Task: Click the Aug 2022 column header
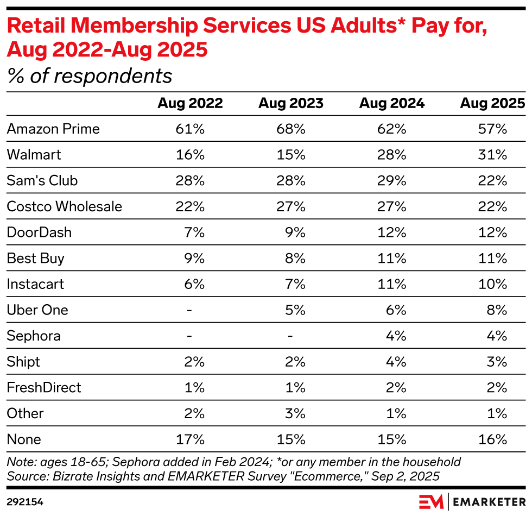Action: [190, 103]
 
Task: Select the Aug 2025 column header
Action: [492, 103]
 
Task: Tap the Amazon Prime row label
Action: [53, 129]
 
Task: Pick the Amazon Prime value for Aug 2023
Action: [290, 129]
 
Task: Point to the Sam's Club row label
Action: [42, 180]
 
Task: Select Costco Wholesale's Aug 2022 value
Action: [190, 206]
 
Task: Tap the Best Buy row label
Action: [36, 258]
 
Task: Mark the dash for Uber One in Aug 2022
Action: [189, 310]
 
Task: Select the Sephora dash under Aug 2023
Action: [290, 336]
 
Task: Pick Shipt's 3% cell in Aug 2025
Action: [497, 362]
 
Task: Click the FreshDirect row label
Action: [44, 387]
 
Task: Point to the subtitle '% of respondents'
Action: [89, 76]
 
